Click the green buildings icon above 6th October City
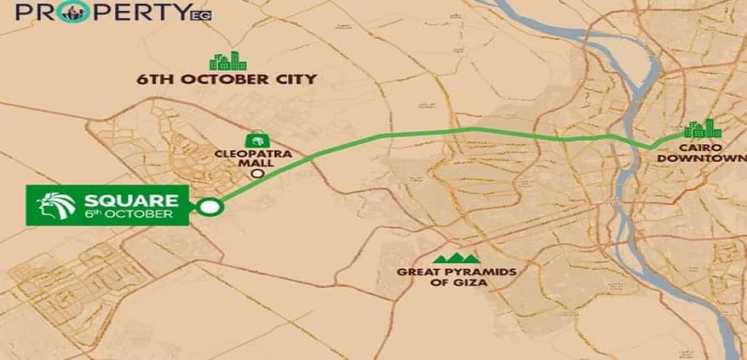tap(228, 60)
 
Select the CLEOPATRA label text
tap(255, 154)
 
